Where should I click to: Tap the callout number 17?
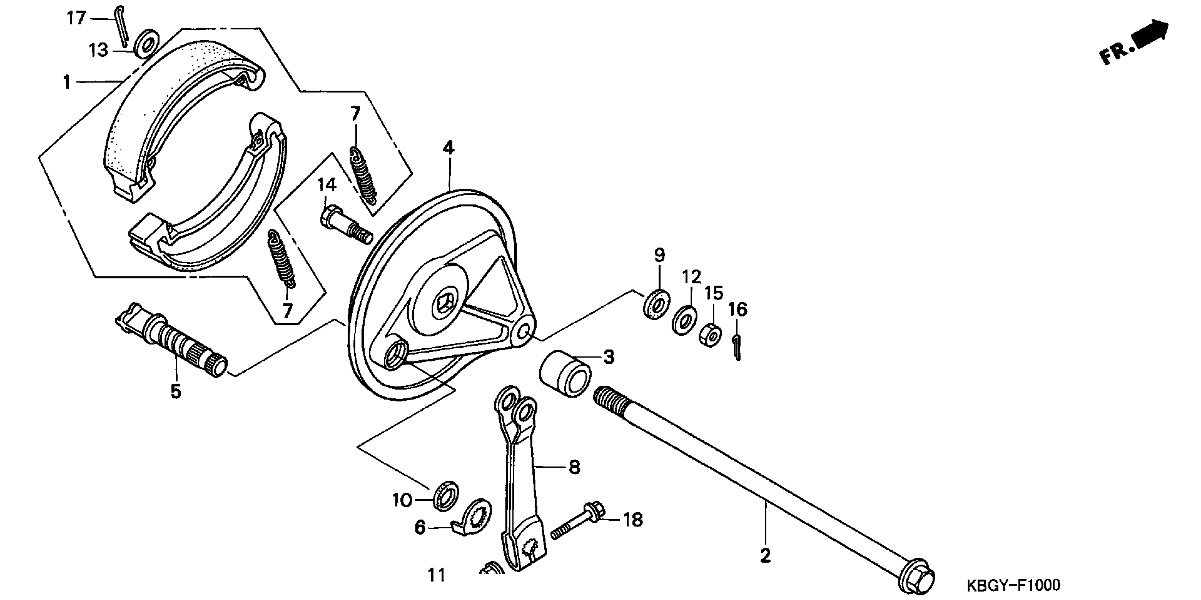click(x=77, y=18)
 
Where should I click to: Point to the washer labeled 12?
click(x=684, y=320)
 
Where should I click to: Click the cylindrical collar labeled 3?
click(x=565, y=374)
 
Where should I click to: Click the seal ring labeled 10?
click(x=446, y=494)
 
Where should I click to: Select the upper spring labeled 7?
click(x=363, y=175)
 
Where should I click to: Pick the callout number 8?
click(x=575, y=467)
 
